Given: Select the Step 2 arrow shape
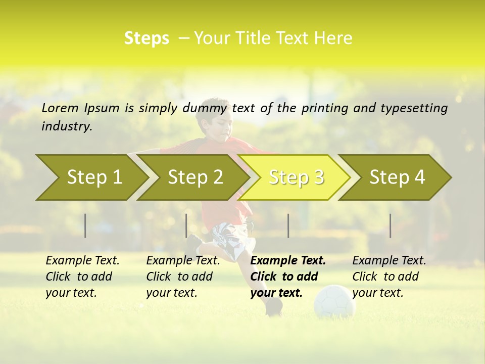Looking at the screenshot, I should click(195, 177).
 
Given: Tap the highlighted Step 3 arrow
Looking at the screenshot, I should click(296, 177).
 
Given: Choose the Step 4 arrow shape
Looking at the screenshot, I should click(397, 177).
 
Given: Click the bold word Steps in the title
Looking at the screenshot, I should click(147, 38).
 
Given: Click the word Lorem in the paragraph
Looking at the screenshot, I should click(60, 108).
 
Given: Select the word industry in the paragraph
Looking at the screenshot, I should click(66, 126).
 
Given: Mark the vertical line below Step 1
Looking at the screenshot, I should click(85, 225).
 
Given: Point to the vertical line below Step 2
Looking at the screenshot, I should click(186, 225).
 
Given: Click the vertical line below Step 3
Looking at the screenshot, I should click(288, 225).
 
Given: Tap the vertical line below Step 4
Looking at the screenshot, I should click(390, 225).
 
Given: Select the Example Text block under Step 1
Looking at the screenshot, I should click(82, 277).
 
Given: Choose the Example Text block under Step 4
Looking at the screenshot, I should click(389, 277).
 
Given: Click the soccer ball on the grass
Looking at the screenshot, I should click(334, 301).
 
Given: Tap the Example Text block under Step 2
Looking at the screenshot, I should click(183, 277).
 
